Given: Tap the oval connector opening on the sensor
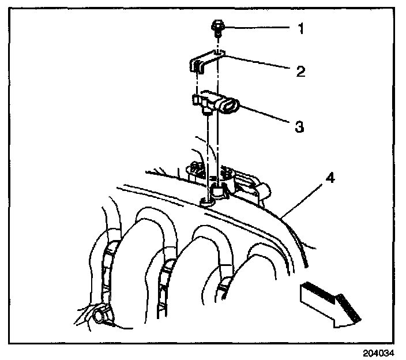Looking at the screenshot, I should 229,106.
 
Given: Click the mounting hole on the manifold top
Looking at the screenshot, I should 206,202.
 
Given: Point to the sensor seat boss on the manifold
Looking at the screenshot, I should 218,192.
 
